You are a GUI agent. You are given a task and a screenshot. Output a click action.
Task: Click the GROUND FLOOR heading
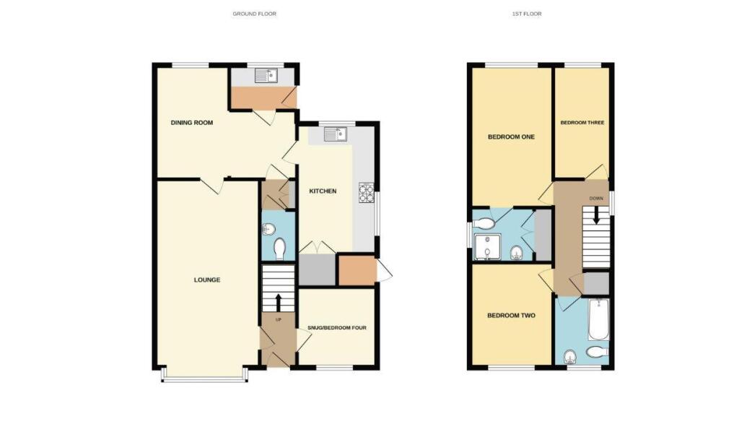[254, 14]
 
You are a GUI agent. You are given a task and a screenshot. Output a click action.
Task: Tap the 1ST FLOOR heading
[532, 14]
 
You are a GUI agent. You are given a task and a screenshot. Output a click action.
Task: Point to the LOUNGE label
[207, 280]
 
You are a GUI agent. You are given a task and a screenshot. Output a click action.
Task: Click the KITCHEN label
[323, 191]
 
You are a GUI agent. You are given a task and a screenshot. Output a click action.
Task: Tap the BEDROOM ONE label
[511, 137]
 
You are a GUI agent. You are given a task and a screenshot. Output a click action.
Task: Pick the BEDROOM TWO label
[511, 315]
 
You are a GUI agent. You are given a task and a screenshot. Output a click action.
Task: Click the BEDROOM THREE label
[582, 123]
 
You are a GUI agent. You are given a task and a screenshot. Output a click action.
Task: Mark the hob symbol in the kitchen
[367, 192]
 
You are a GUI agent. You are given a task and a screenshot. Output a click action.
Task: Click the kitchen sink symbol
[336, 134]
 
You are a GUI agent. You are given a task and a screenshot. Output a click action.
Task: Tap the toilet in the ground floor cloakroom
[280, 249]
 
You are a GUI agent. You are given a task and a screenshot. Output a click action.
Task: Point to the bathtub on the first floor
[598, 320]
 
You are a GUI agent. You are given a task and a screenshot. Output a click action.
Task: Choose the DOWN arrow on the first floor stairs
[597, 215]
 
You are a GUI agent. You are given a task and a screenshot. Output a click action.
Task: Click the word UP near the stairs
[278, 319]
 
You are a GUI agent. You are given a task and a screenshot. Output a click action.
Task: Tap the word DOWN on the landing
[596, 197]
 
